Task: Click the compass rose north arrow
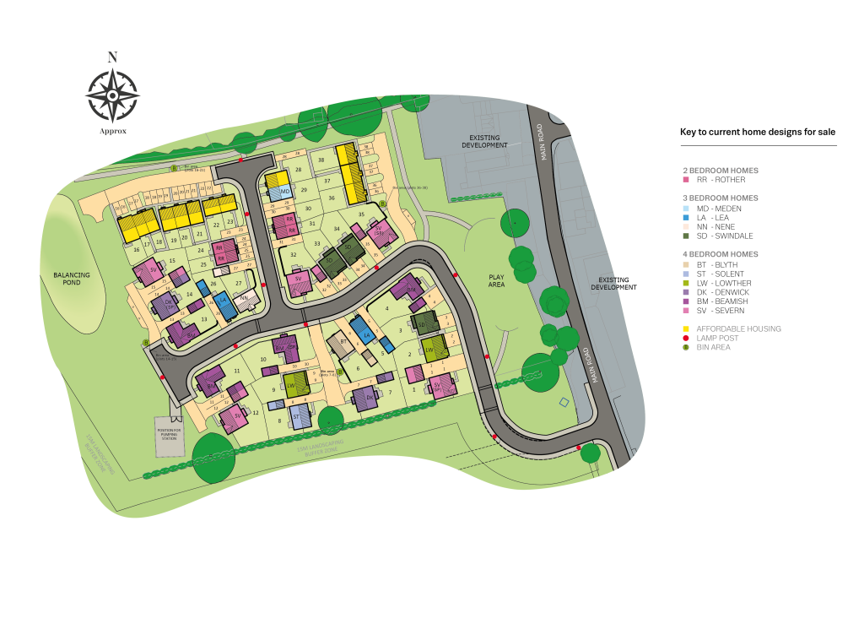pos(112,95)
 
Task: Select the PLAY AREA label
pos(496,280)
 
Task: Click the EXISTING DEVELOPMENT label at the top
pos(484,141)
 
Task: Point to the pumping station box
pos(170,437)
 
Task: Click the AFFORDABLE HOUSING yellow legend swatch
pos(686,328)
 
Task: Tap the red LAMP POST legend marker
pos(686,338)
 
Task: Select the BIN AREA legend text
pos(713,347)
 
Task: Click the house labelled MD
pos(285,193)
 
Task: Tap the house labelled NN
pos(244,299)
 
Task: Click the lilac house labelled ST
pos(296,416)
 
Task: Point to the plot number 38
pos(321,160)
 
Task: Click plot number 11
pos(237,371)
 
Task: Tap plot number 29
pos(304,191)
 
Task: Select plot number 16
pos(137,249)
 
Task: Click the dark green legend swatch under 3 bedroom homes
pos(686,236)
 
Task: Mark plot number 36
pos(332,198)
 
